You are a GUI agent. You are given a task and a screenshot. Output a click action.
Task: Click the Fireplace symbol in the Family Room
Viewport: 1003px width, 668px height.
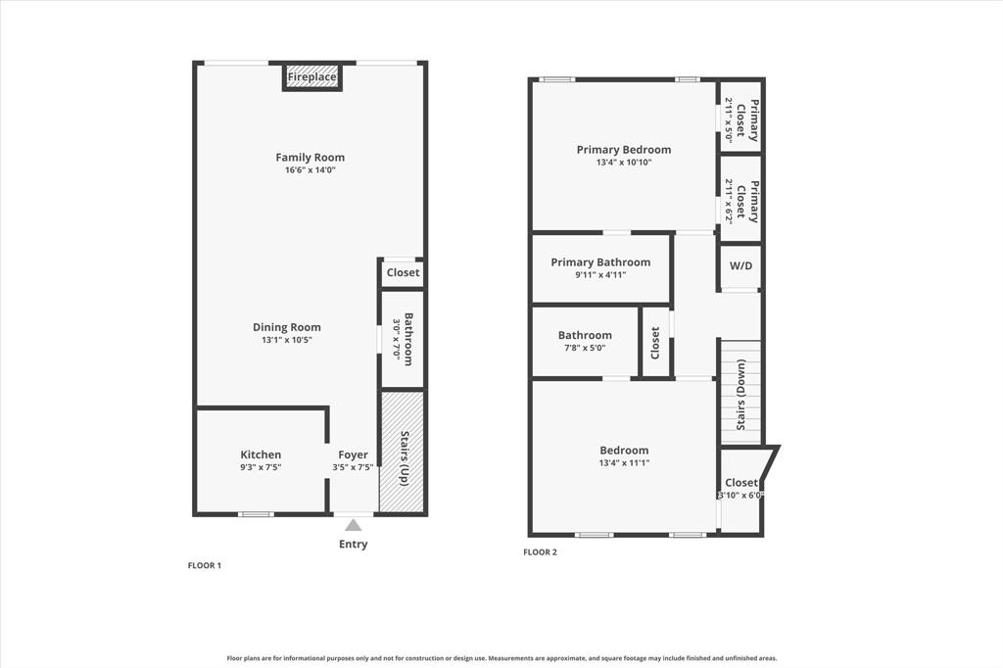click(x=312, y=77)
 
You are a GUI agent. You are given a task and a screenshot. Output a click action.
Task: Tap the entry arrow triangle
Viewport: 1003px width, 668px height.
click(x=353, y=526)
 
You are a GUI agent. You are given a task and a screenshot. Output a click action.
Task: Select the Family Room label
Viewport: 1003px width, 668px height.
click(x=310, y=157)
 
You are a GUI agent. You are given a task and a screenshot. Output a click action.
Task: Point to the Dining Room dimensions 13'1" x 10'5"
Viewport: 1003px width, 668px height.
click(x=286, y=340)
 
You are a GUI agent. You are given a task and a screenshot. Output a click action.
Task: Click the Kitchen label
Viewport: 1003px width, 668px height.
click(x=261, y=454)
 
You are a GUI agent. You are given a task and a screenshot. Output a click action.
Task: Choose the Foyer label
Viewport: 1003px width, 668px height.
click(x=353, y=454)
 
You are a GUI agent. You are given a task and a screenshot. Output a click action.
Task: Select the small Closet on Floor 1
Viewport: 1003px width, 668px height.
click(x=403, y=272)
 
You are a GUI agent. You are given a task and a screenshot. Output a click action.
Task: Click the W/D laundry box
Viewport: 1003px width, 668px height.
click(x=741, y=265)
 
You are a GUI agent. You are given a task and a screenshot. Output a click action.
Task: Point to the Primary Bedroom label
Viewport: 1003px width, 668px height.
click(x=624, y=150)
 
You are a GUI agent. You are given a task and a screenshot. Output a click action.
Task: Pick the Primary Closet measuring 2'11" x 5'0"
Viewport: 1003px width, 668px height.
click(x=741, y=119)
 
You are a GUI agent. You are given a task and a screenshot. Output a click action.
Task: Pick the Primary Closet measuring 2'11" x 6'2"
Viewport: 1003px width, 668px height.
click(x=741, y=200)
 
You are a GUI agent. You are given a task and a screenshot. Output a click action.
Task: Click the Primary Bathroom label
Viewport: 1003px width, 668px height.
click(x=600, y=262)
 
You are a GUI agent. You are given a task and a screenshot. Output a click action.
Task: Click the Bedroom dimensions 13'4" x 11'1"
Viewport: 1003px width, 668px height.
click(x=624, y=463)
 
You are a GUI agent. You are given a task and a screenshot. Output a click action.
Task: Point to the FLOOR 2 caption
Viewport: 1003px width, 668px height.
click(x=540, y=552)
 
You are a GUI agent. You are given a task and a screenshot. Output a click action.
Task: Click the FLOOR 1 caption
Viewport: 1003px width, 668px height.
click(x=205, y=565)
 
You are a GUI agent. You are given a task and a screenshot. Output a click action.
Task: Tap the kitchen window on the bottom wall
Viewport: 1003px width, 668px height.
click(x=257, y=513)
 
